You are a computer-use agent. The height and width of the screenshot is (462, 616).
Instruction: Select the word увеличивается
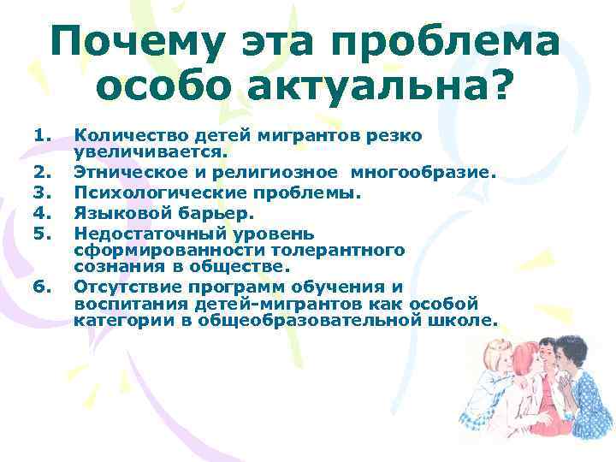point(151,151)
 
